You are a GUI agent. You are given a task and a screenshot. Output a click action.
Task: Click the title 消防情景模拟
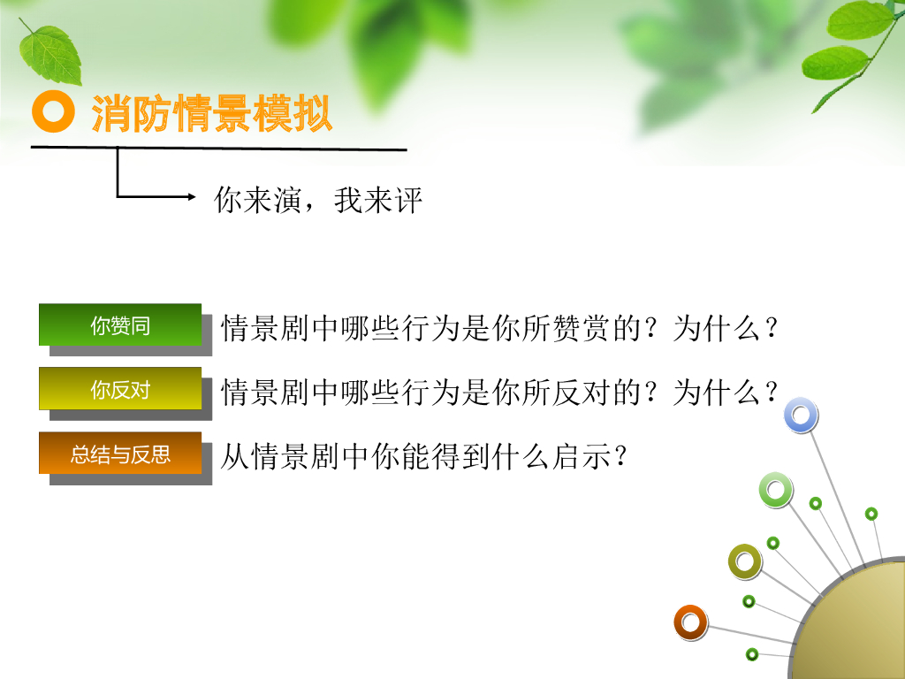click(212, 114)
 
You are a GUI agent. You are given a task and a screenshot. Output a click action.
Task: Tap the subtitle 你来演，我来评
click(318, 201)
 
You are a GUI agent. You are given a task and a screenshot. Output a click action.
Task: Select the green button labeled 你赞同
click(120, 324)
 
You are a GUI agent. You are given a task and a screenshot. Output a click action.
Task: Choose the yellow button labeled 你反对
click(120, 389)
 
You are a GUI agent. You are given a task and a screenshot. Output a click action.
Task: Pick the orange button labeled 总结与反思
click(120, 454)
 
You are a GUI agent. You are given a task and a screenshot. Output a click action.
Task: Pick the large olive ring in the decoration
click(744, 561)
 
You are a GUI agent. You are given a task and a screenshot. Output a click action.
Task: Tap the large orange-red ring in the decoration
click(690, 622)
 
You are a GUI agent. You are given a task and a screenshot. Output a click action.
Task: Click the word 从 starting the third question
click(235, 456)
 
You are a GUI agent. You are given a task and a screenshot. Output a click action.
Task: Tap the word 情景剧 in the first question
click(265, 328)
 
